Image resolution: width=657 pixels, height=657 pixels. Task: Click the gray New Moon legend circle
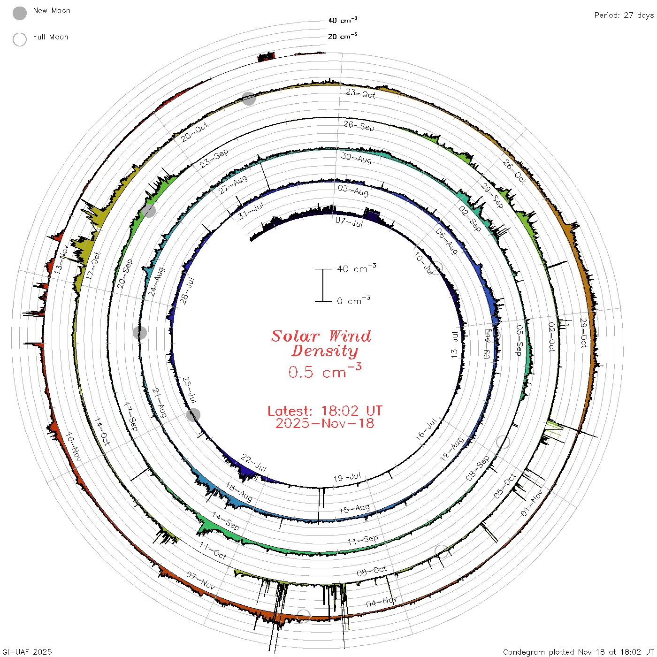(x=19, y=13)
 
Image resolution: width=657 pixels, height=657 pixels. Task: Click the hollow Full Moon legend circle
(x=19, y=39)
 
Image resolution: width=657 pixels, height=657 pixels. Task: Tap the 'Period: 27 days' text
(x=624, y=15)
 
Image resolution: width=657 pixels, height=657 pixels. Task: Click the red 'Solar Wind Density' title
(x=321, y=344)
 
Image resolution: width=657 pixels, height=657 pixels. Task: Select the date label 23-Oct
(x=360, y=94)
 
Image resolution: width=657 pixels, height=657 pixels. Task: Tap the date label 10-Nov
(x=73, y=447)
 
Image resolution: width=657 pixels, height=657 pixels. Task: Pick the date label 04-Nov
(x=381, y=603)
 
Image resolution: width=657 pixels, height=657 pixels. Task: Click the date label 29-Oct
(x=584, y=333)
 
